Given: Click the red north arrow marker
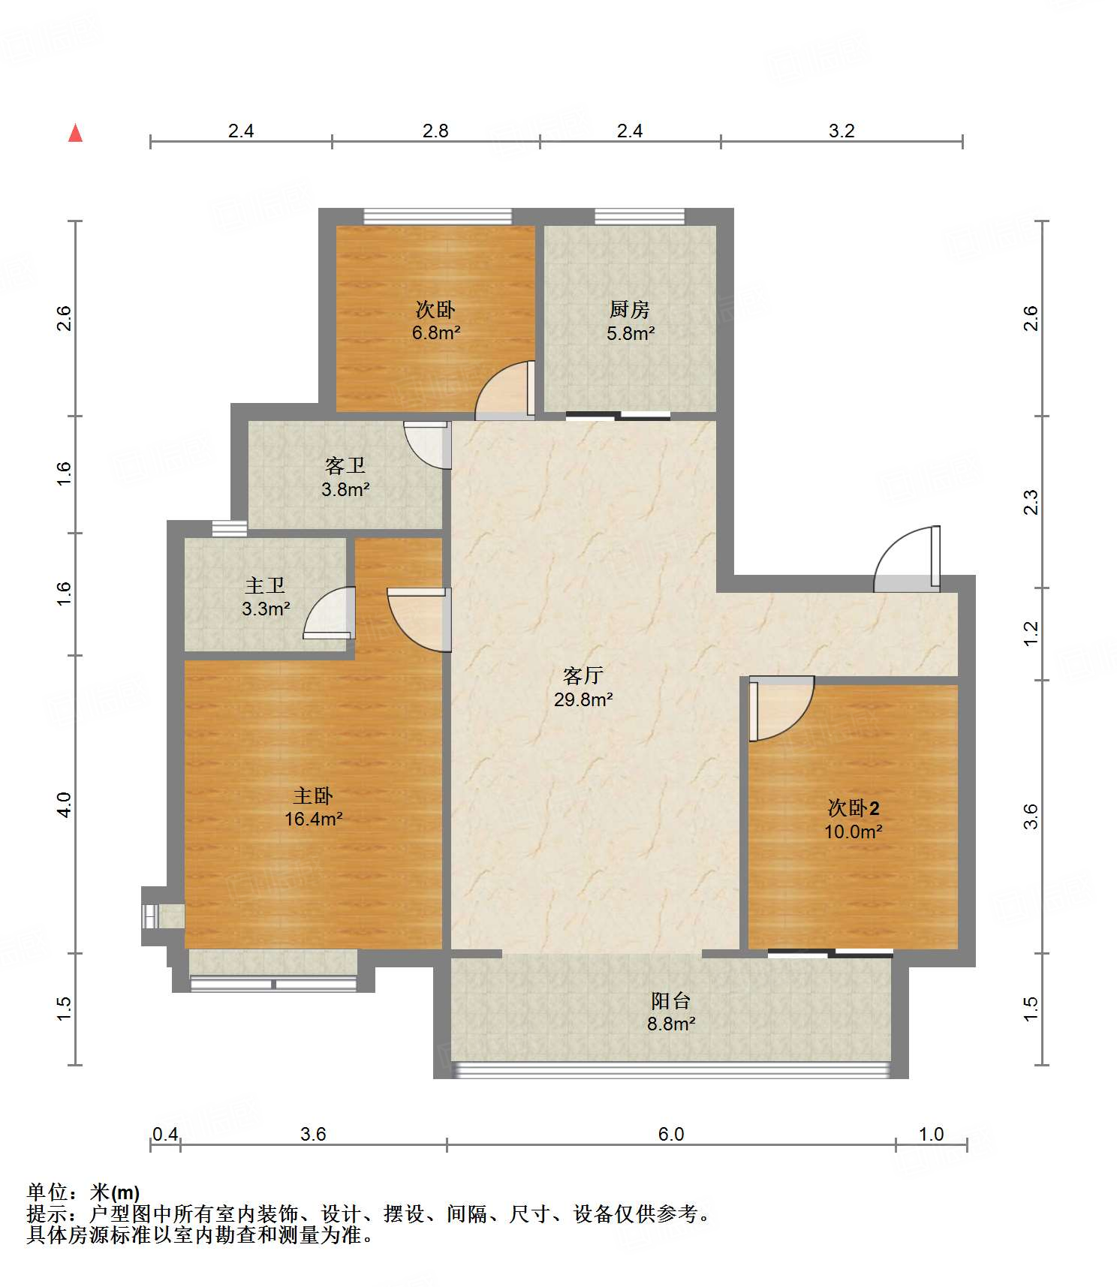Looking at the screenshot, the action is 75,133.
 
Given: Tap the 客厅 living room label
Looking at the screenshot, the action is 583,675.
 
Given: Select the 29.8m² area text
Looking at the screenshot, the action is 583,699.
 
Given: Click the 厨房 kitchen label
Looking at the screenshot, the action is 629,309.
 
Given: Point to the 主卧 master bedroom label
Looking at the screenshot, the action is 312,795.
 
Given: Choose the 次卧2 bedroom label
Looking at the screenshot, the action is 853,807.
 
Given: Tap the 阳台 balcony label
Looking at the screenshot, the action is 670,1000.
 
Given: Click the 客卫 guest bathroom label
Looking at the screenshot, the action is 345,465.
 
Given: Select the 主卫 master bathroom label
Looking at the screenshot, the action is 265,585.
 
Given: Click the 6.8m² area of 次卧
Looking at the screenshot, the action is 435,332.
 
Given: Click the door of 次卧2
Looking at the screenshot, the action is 781,708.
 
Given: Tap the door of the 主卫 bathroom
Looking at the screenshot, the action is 329,612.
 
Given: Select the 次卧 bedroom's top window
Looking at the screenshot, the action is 438,216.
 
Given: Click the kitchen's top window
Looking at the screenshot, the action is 640,216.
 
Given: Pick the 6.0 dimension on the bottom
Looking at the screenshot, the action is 671,1133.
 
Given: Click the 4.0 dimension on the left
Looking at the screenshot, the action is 64,804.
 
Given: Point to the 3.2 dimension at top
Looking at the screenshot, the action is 842,131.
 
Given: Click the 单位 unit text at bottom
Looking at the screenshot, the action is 47,1192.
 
